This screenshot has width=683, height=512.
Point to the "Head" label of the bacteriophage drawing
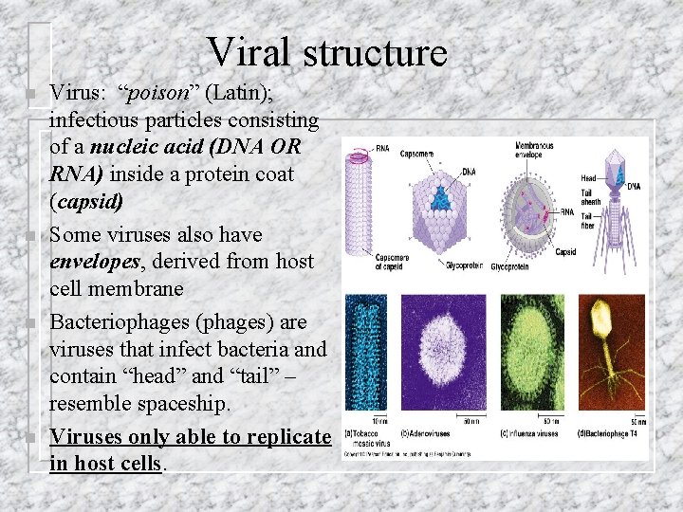[588, 178]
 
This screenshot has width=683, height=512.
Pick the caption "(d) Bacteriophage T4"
[613, 434]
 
